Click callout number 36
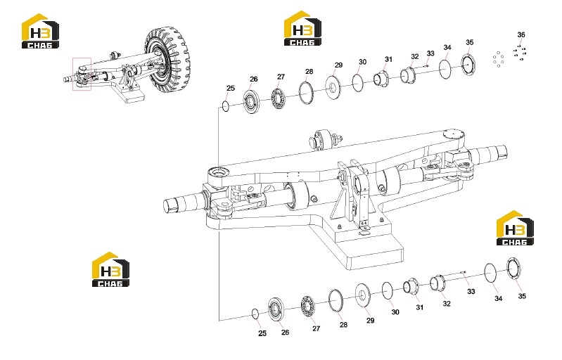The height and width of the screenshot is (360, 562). pyautogui.click(x=521, y=34)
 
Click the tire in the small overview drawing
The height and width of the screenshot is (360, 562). pyautogui.click(x=167, y=58)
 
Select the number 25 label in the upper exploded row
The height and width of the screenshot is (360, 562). pyautogui.click(x=231, y=88)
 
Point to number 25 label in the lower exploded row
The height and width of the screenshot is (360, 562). pyautogui.click(x=262, y=333)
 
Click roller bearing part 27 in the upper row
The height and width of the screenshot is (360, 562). pyautogui.click(x=278, y=98)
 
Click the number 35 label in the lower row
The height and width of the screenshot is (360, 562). pyautogui.click(x=522, y=296)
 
